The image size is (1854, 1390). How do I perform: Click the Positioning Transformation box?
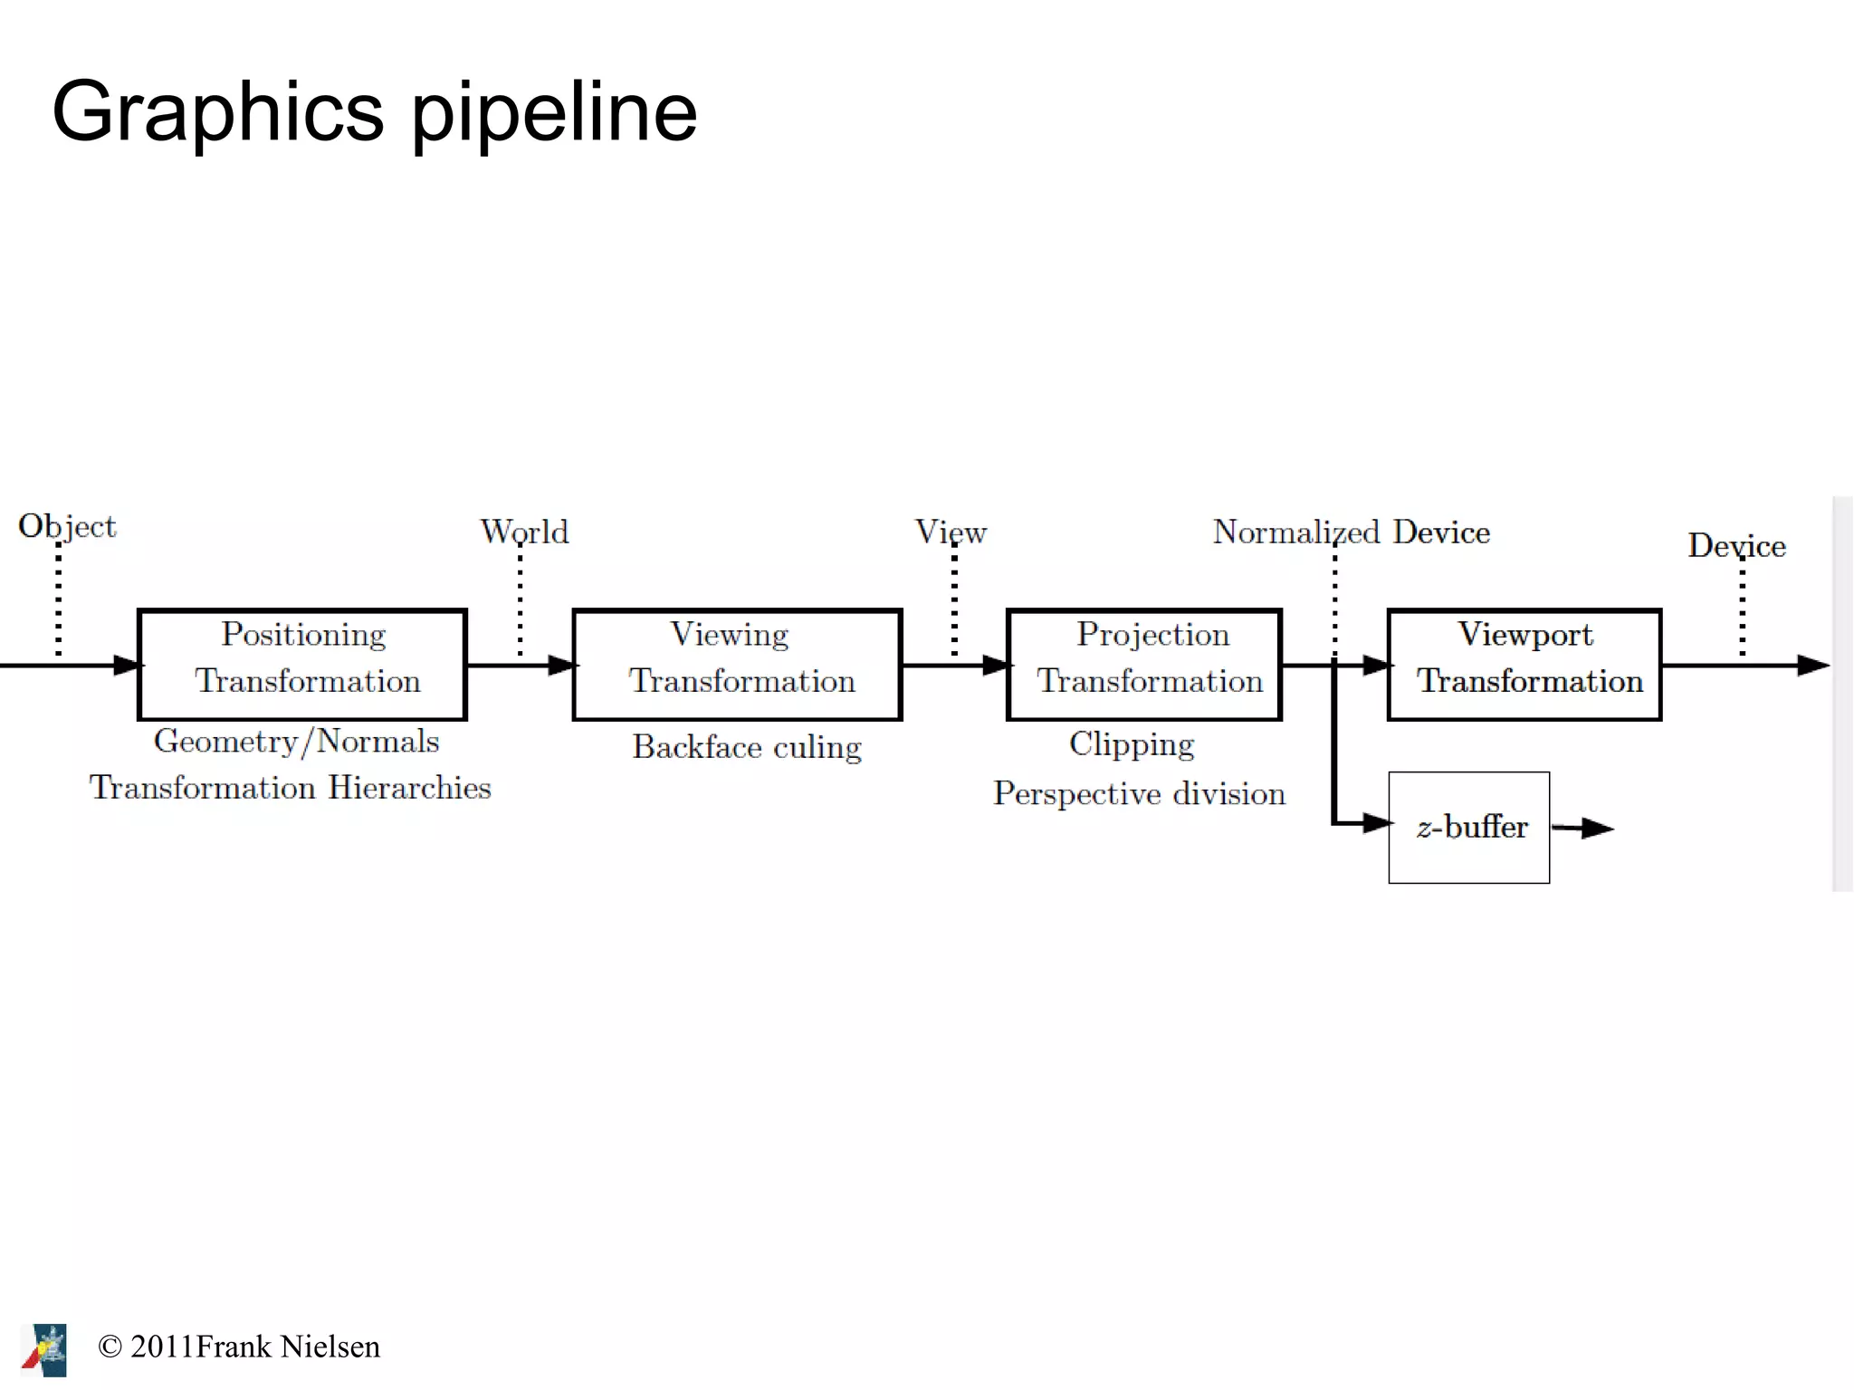pyautogui.click(x=302, y=665)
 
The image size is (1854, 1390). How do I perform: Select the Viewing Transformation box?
pyautogui.click(x=737, y=665)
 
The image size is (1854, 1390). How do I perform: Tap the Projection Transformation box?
pyautogui.click(x=1144, y=665)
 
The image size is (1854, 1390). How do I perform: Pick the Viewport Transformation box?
pyautogui.click(x=1524, y=665)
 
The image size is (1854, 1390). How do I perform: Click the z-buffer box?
pyautogui.click(x=1468, y=828)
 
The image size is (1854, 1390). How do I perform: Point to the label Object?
pyautogui.click(x=67, y=526)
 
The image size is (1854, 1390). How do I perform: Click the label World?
pyautogui.click(x=524, y=532)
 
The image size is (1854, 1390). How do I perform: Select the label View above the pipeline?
pyautogui.click(x=951, y=532)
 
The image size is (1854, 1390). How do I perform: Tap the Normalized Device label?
pyautogui.click(x=1351, y=532)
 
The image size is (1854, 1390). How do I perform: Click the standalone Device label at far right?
pyautogui.click(x=1736, y=546)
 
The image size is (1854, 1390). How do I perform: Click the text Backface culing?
pyautogui.click(x=747, y=747)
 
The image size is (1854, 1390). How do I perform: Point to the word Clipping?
pyautogui.click(x=1132, y=744)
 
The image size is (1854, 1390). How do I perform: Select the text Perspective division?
pyautogui.click(x=1139, y=793)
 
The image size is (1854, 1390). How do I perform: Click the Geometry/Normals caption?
pyautogui.click(x=296, y=742)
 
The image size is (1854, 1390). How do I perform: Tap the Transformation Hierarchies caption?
pyautogui.click(x=290, y=788)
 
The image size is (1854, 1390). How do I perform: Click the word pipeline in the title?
pyautogui.click(x=554, y=112)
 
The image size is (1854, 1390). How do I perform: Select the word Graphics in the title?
pyautogui.click(x=218, y=112)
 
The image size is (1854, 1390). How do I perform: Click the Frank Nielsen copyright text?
pyautogui.click(x=239, y=1347)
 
